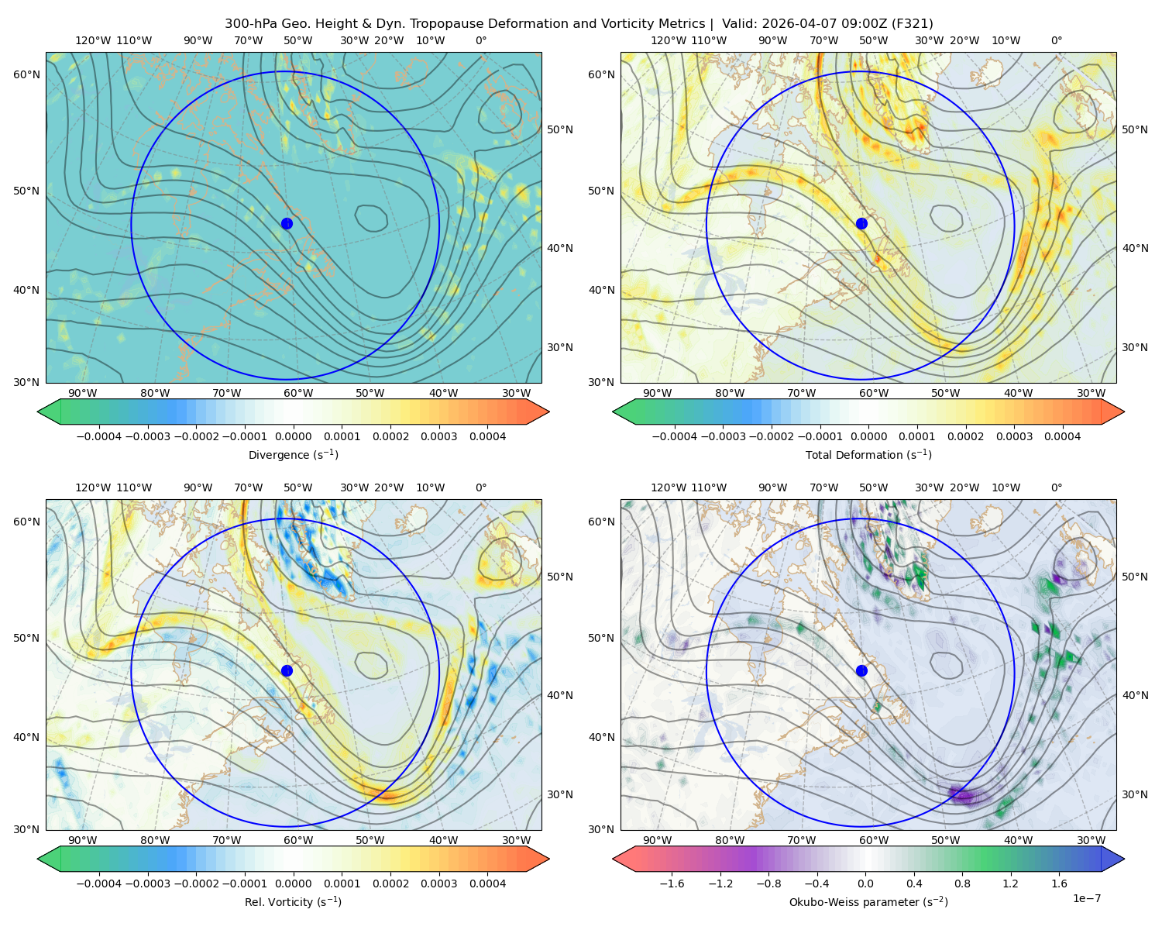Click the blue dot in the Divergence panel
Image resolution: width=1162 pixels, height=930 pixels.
pos(287,223)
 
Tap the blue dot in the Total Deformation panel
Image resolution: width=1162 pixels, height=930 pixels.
pos(861,223)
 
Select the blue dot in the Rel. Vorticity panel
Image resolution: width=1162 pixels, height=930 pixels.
pos(287,670)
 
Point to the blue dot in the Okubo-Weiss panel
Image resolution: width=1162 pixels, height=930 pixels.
pos(861,670)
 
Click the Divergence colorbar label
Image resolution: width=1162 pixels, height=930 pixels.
pos(293,454)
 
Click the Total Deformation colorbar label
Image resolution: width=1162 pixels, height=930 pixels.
pos(868,454)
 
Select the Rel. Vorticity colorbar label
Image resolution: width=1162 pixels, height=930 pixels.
pos(293,901)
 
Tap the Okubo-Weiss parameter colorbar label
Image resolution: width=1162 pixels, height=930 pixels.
pos(868,901)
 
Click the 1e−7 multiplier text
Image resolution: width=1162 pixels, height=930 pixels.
pos(1086,898)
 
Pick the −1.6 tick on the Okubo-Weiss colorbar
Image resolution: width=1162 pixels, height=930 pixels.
pos(672,883)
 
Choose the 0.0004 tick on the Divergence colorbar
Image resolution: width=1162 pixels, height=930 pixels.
pos(487,436)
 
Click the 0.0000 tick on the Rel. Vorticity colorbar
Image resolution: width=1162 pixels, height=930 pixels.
pos(293,883)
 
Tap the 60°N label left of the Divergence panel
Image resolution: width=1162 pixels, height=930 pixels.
pos(26,74)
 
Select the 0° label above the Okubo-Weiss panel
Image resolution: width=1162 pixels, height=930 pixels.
pos(1056,487)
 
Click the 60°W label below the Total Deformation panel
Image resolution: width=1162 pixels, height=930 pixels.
pos(873,393)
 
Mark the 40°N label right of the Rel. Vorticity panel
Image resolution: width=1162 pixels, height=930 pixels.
pos(560,695)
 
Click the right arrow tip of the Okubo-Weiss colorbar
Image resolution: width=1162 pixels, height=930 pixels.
pos(1124,859)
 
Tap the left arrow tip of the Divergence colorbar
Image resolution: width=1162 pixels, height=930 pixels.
pos(38,412)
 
